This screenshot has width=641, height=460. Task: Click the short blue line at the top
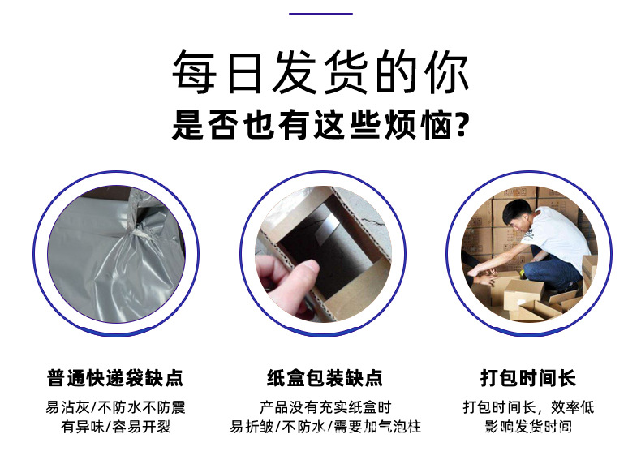coord(320,14)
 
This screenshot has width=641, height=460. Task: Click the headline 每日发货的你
coord(320,74)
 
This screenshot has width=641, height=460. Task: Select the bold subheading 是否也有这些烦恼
coord(312,126)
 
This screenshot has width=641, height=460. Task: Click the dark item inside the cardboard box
coord(325,235)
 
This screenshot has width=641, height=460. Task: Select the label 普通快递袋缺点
coord(115,378)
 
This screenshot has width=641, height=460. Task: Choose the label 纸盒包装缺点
coord(325,378)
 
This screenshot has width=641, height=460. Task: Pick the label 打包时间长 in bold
coord(528,378)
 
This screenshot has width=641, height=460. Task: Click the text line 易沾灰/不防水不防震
coord(115,407)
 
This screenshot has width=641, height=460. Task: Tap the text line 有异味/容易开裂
coord(116,427)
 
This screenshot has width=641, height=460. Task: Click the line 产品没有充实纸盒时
coord(325,407)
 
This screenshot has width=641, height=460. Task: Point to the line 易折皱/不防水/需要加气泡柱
coord(325,427)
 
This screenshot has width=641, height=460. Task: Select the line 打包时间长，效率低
coord(528,407)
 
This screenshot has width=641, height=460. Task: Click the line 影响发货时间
coord(528,427)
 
